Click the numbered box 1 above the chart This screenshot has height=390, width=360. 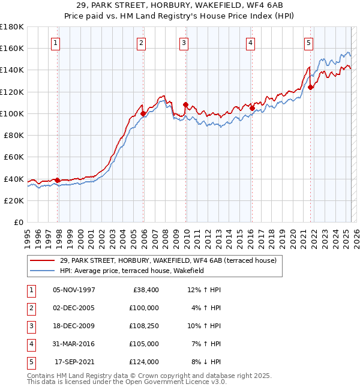pos(55,43)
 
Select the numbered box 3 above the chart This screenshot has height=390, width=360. pos(183,43)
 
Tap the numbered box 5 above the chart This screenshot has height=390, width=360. pos(308,43)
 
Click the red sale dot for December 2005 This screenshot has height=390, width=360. pos(143,113)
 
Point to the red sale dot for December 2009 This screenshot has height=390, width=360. pos(185,104)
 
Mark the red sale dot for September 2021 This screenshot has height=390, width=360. pos(310,87)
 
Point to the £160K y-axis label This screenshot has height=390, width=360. pos(12,48)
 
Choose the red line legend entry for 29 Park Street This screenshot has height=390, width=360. pos(168,260)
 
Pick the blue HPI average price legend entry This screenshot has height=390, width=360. pos(132,271)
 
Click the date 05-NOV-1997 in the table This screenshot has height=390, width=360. pos(74,290)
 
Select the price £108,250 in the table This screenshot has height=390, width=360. pos(143,326)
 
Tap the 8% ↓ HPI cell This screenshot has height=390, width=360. pos(205,362)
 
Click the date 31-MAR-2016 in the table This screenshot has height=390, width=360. pos(74,344)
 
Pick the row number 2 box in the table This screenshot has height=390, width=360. pos(31,308)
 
